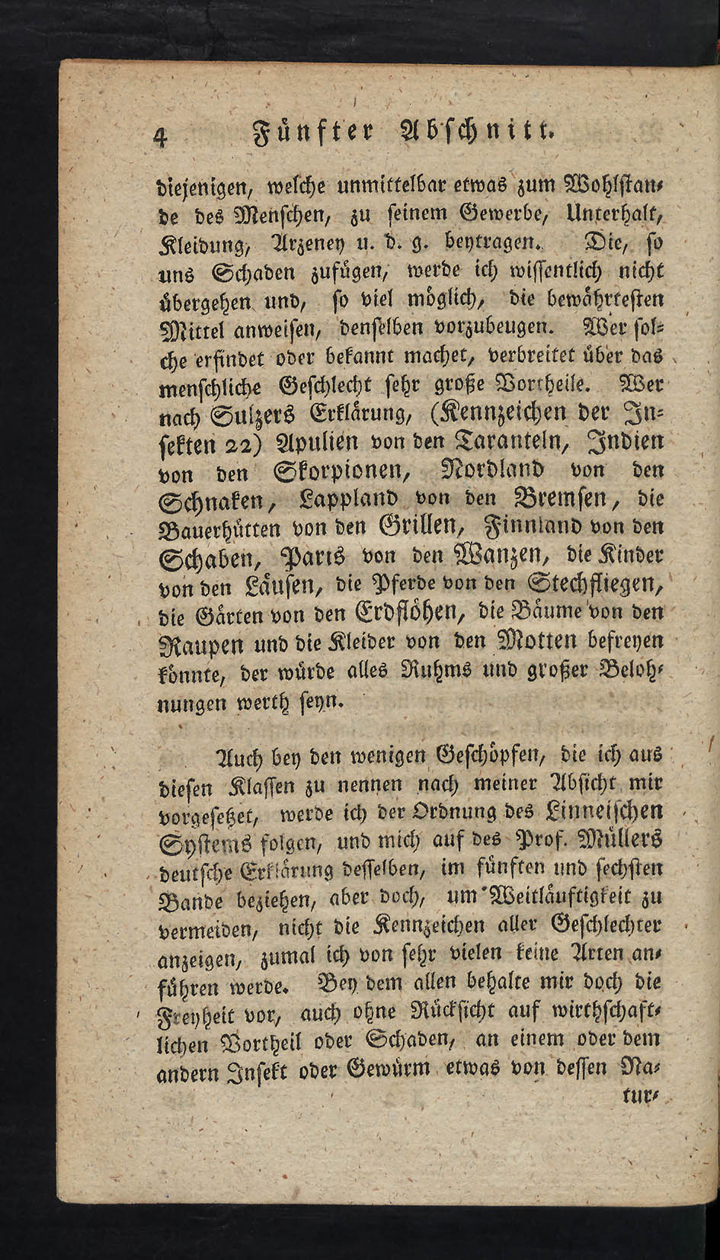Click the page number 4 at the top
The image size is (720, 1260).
coord(161,135)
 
